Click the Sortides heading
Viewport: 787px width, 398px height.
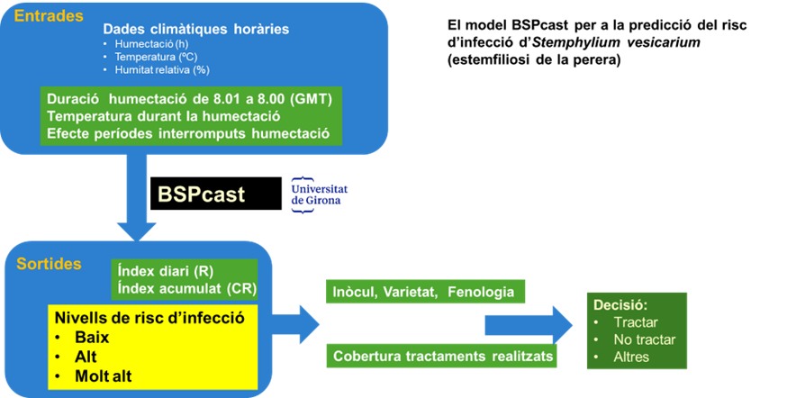49,264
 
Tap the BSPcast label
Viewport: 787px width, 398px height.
202,194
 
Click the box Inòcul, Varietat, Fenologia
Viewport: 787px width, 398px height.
423,292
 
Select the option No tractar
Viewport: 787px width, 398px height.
644,339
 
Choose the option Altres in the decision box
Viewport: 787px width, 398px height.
631,357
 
